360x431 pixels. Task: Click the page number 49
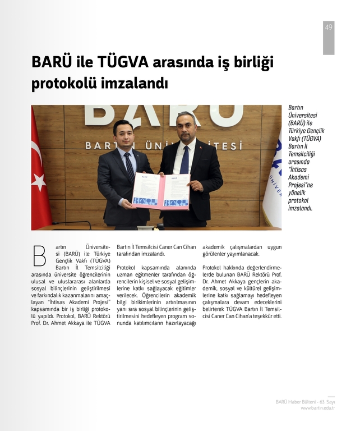tap(328, 27)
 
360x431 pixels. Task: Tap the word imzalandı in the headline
tap(135, 84)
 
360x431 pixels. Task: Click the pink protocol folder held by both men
tap(161, 191)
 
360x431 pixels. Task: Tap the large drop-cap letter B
tap(39, 255)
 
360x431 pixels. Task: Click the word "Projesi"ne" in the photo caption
tap(301, 185)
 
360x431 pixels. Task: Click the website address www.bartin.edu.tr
tap(318, 408)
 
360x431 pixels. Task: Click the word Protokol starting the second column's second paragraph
tap(128, 268)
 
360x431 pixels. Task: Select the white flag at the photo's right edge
tap(273, 180)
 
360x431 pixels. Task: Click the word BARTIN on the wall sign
tap(100, 145)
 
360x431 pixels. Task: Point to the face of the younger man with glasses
tap(123, 133)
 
